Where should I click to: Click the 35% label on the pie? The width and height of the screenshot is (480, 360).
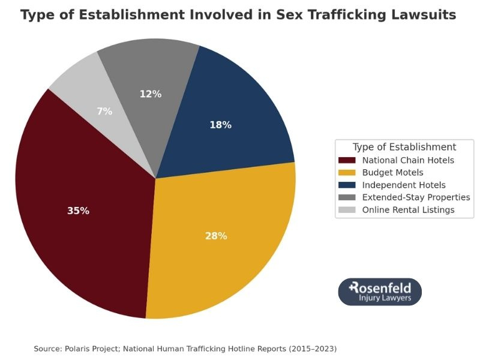tap(78, 211)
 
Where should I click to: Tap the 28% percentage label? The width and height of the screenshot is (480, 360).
tap(216, 236)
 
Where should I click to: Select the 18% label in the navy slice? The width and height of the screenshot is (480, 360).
tap(220, 125)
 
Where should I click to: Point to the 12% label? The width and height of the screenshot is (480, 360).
tap(151, 94)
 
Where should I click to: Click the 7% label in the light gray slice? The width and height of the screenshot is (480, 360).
tap(104, 111)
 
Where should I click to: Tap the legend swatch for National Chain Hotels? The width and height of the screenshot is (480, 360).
tap(347, 160)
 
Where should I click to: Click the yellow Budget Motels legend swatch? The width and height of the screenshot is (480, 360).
tap(347, 173)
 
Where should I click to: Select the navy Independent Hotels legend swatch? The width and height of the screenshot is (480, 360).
tap(347, 185)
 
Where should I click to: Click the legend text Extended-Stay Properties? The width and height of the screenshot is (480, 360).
tap(416, 197)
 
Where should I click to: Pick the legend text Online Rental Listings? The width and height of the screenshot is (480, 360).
tap(408, 210)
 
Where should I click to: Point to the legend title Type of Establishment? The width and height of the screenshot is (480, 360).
tap(404, 147)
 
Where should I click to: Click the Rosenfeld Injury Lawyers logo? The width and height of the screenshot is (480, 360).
tap(380, 292)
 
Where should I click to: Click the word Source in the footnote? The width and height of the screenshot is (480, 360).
tap(46, 349)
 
